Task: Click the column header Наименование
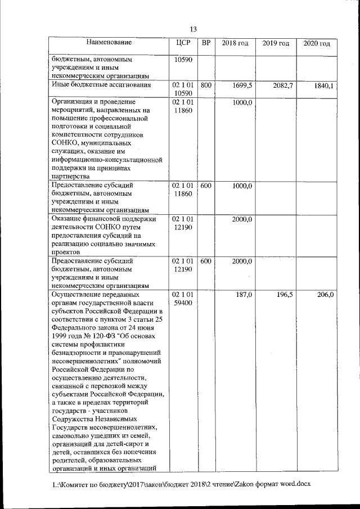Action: [x=109, y=42]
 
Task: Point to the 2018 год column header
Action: [x=235, y=43]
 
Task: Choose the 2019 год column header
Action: [x=276, y=43]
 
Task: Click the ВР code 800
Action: [x=206, y=85]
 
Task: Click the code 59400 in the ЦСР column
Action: [x=183, y=303]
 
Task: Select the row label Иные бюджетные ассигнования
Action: [x=101, y=85]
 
